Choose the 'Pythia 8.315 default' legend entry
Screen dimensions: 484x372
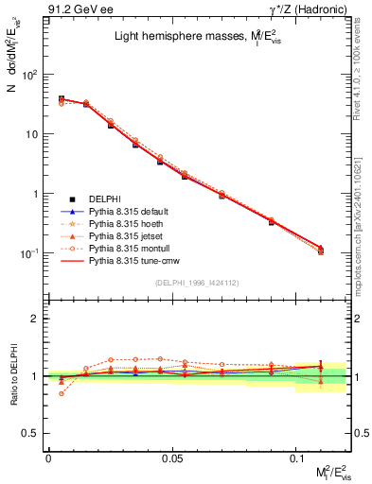[x=133, y=214]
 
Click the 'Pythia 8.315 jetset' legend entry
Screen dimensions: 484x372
[x=130, y=242]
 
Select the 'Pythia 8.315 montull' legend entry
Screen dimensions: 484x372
[x=132, y=256]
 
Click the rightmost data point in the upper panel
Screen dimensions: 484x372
[x=322, y=250]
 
